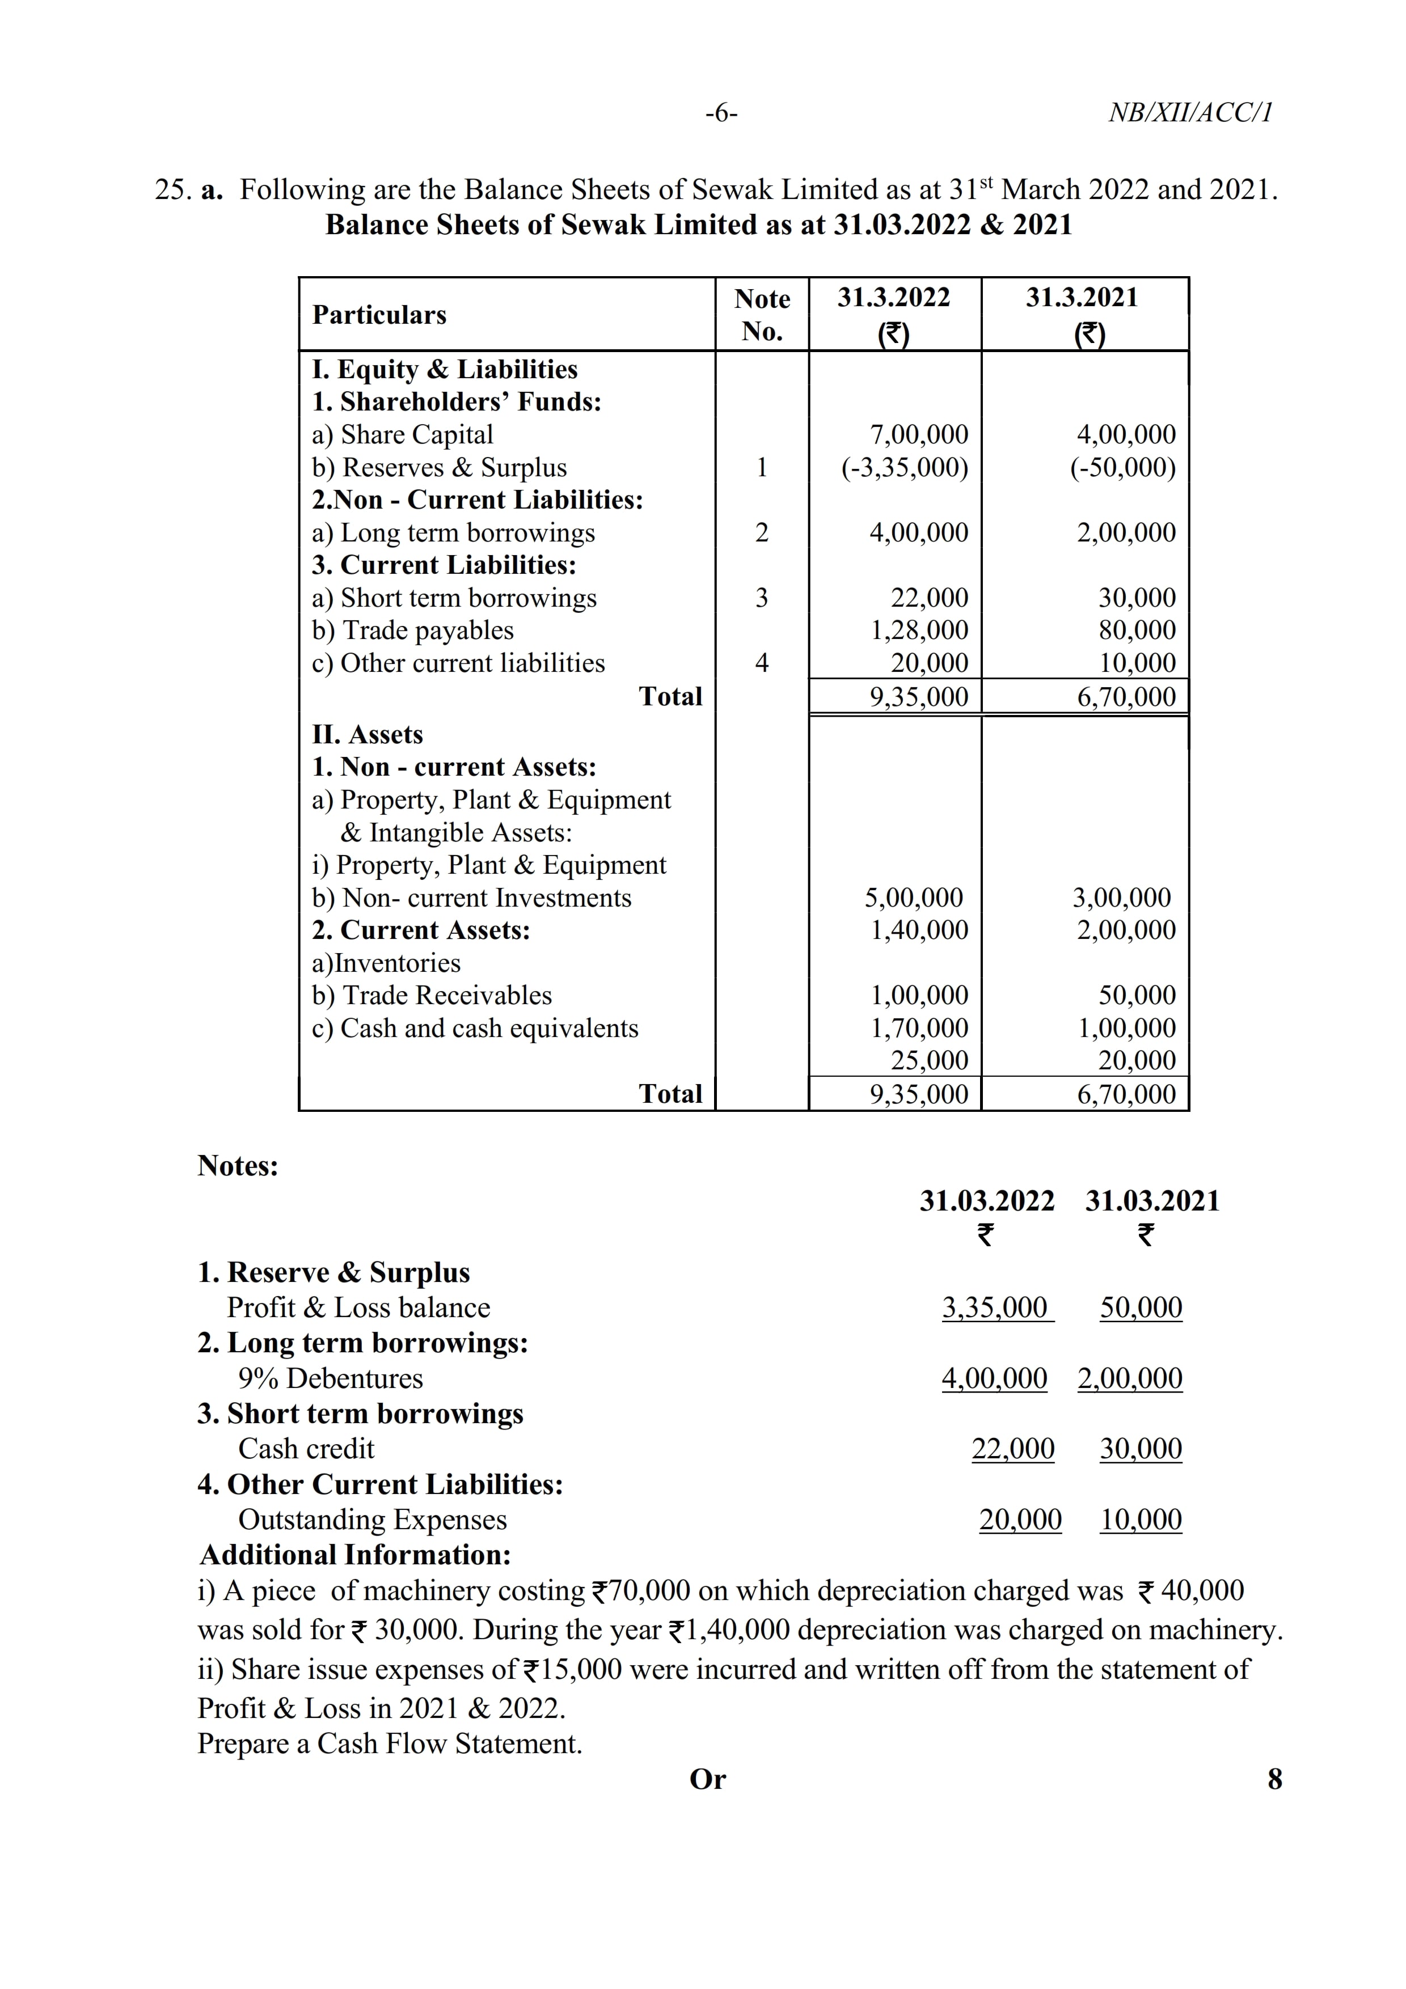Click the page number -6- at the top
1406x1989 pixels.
[x=721, y=113]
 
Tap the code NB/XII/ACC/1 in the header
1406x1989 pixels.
[x=1190, y=113]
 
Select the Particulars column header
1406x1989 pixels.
[x=379, y=315]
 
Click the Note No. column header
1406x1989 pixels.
[x=762, y=315]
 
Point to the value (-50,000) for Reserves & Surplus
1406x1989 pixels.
[x=1123, y=467]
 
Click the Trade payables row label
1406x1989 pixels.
[x=413, y=630]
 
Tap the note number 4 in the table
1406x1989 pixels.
[x=762, y=663]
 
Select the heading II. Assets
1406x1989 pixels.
[x=368, y=735]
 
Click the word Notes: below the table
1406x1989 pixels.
[x=238, y=1166]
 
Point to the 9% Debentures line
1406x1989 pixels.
[x=331, y=1378]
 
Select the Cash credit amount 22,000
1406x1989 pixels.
[x=1013, y=1449]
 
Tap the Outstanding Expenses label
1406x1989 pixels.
[x=373, y=1520]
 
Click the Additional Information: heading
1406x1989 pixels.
[x=355, y=1555]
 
